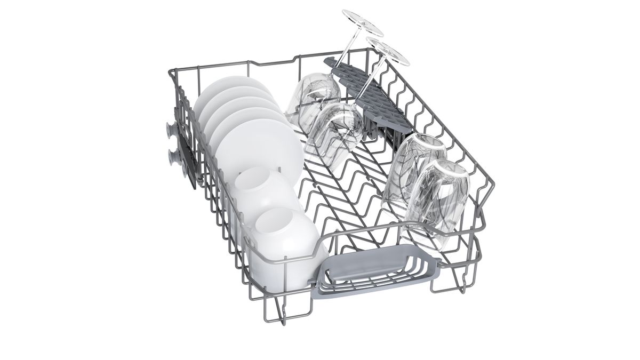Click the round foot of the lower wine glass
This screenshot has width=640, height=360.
click(388, 53)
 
